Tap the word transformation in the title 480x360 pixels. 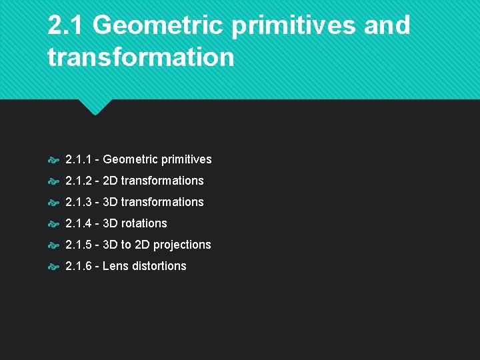[x=141, y=57]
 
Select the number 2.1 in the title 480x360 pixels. [x=66, y=25]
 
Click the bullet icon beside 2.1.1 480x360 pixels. [x=53, y=160]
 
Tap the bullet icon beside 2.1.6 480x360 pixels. [x=53, y=267]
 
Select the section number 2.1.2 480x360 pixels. [x=79, y=181]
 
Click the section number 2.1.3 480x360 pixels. [x=79, y=202]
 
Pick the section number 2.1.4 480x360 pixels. [x=79, y=223]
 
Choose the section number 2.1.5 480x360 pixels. [x=79, y=245]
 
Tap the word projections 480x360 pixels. [x=182, y=245]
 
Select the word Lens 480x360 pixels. [x=116, y=266]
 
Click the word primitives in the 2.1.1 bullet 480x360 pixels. [x=185, y=160]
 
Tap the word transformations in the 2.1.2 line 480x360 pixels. [x=162, y=181]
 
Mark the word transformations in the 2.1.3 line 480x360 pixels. [x=162, y=202]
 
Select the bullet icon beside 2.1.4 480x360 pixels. [x=53, y=224]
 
